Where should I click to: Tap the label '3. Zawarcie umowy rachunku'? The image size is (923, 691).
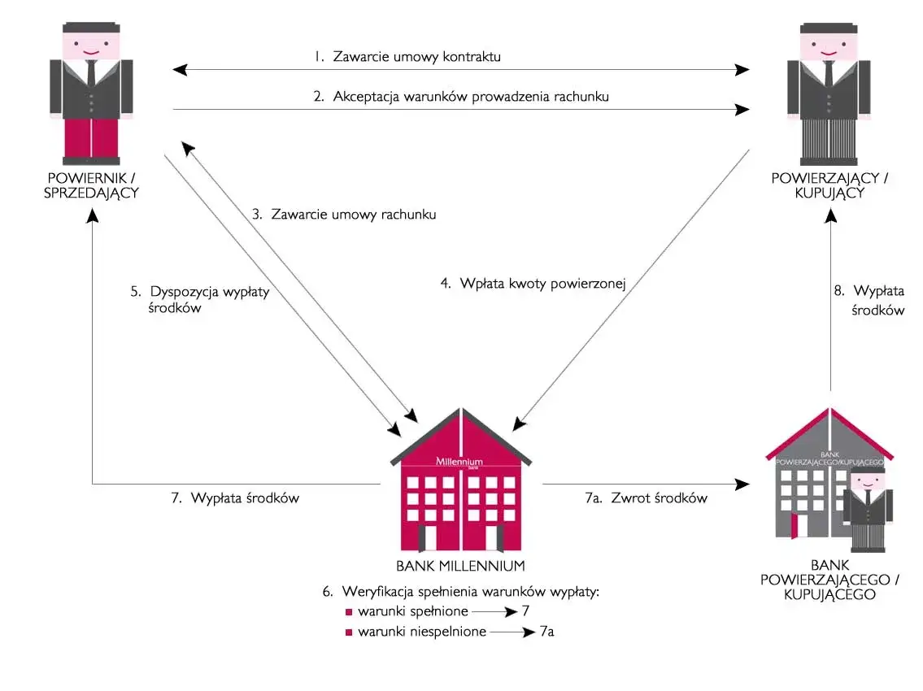(x=344, y=215)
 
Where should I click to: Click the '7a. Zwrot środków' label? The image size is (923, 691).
(x=647, y=498)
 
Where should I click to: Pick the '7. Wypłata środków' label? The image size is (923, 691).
(x=235, y=498)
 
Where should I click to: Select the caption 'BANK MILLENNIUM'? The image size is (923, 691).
(x=460, y=566)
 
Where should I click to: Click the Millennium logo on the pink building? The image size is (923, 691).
(x=459, y=461)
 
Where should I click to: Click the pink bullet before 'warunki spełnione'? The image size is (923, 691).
(x=348, y=611)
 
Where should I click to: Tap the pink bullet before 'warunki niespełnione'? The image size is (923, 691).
(x=348, y=632)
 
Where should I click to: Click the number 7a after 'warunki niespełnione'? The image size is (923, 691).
(x=547, y=632)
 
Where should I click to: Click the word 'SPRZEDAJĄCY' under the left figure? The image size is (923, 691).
(x=91, y=193)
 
